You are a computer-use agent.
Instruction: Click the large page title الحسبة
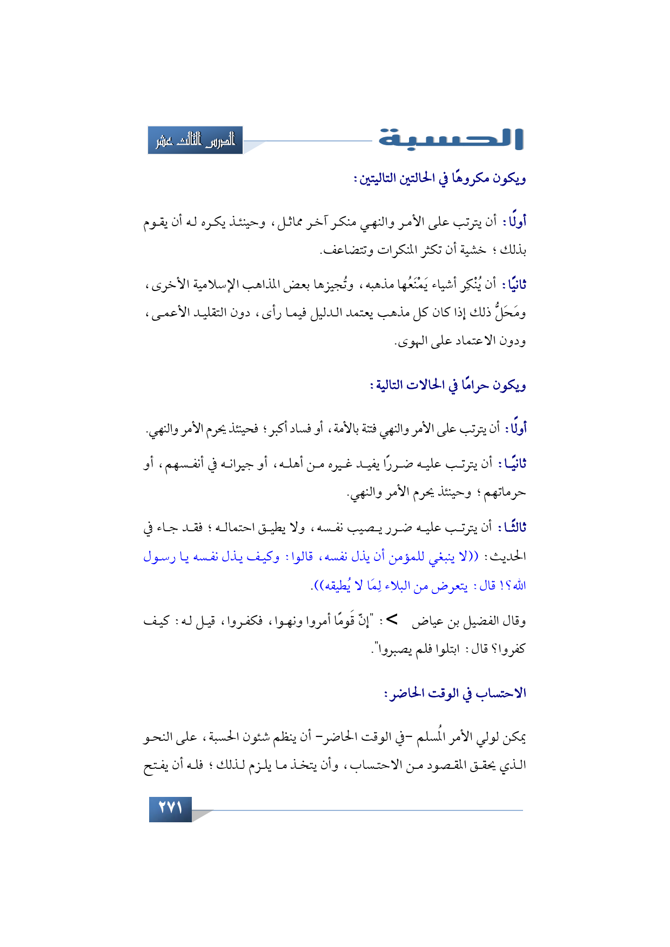[451, 139]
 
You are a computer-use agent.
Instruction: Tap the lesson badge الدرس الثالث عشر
[195, 140]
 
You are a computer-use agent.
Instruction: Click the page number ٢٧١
[170, 809]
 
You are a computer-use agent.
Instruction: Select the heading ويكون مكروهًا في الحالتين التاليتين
[440, 178]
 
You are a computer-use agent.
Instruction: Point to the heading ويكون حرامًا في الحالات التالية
[447, 385]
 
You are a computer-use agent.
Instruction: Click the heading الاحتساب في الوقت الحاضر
[455, 693]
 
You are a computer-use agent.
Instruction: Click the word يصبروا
[393, 650]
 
